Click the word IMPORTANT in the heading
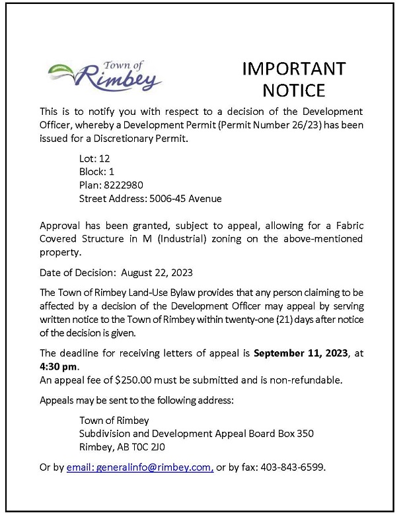point(294,69)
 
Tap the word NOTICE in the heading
point(294,90)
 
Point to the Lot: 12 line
point(96,158)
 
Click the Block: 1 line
point(97,171)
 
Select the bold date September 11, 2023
point(302,353)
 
